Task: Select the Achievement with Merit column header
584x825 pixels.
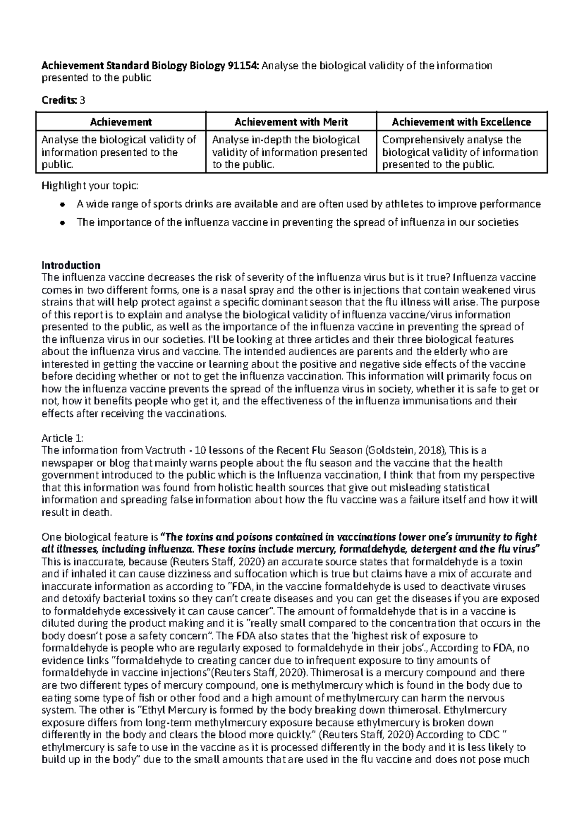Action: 291,122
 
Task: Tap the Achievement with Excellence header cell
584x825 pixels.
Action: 461,122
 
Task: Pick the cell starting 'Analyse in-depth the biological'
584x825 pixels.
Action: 290,152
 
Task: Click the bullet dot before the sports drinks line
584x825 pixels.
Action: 62,205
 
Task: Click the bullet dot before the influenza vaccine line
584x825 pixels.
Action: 62,223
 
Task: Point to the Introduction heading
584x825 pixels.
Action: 71,265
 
